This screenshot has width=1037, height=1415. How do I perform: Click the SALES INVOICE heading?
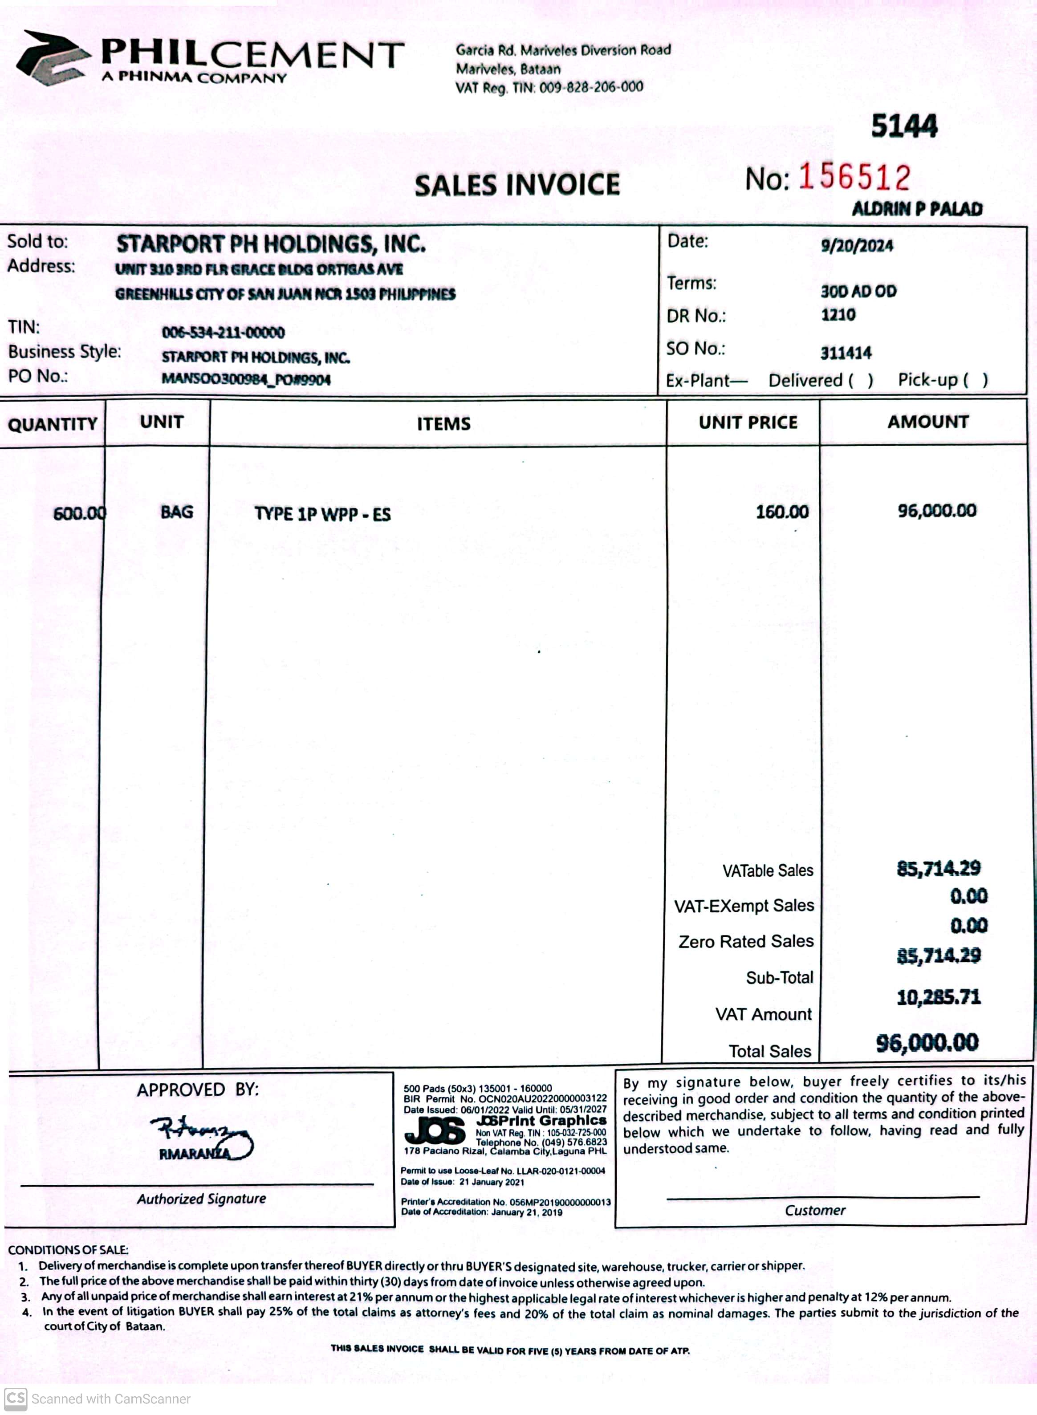coord(517,185)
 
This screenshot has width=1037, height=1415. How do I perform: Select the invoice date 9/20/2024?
coord(857,245)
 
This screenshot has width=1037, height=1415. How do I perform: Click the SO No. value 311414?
coord(846,353)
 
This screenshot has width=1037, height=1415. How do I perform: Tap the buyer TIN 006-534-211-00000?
coord(223,332)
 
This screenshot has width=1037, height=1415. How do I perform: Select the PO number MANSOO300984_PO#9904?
coord(246,379)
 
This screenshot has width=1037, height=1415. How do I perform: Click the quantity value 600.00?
coord(79,513)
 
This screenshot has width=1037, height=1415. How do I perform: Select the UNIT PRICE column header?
coord(748,423)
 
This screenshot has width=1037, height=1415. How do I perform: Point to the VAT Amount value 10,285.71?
coord(938,997)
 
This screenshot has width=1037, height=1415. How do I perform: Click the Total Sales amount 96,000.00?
coord(927,1043)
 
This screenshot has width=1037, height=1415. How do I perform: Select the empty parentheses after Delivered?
coord(861,380)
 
